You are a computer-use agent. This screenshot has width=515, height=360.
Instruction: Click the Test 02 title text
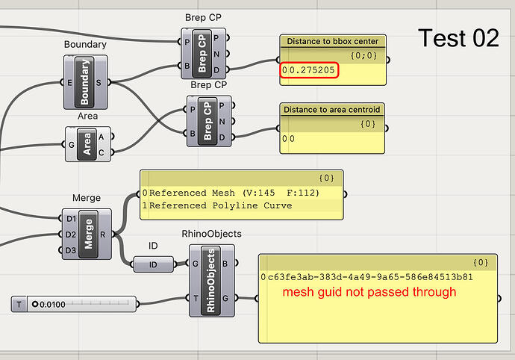click(458, 38)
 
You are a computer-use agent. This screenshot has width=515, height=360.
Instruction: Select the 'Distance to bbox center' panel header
click(332, 41)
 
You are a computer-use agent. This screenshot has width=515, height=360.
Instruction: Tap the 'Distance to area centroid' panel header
click(332, 110)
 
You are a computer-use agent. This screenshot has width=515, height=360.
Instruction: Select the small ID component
click(153, 264)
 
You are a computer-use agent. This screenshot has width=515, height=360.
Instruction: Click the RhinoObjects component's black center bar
click(211, 278)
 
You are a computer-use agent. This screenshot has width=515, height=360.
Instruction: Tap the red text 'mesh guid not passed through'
click(369, 292)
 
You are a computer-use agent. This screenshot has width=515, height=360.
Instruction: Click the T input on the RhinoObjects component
click(195, 297)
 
